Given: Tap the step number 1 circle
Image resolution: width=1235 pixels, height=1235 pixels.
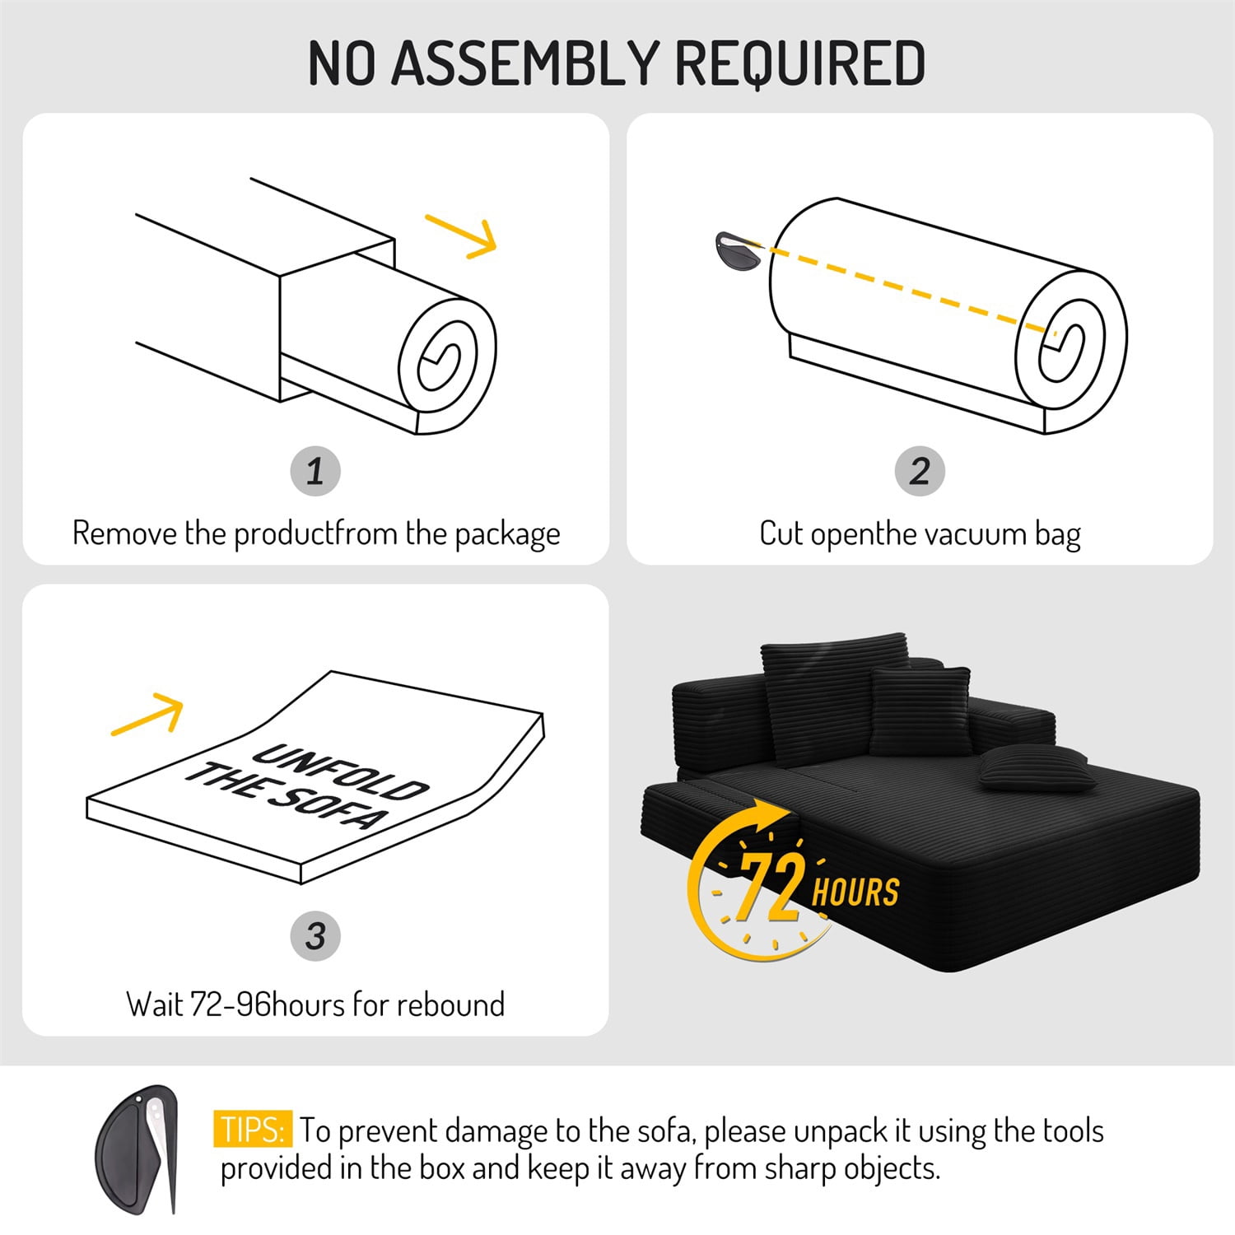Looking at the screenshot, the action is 315,471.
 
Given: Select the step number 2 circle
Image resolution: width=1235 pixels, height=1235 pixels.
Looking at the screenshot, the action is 920,471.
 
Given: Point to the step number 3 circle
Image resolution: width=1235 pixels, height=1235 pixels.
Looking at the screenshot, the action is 315,935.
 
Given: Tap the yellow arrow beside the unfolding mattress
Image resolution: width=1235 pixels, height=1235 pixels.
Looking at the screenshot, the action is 147,715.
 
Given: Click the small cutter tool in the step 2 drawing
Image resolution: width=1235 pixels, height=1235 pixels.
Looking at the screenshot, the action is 739,252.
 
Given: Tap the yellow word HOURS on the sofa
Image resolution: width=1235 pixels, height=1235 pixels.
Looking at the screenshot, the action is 855,892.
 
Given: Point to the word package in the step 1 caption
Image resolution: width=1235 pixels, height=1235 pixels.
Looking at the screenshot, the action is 507,535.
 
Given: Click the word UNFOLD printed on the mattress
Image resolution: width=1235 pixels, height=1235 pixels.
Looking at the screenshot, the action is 341,771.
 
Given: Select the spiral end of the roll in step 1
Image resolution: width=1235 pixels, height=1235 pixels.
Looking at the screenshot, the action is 447,365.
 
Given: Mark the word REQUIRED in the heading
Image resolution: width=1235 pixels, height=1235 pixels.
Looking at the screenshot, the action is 800,63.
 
